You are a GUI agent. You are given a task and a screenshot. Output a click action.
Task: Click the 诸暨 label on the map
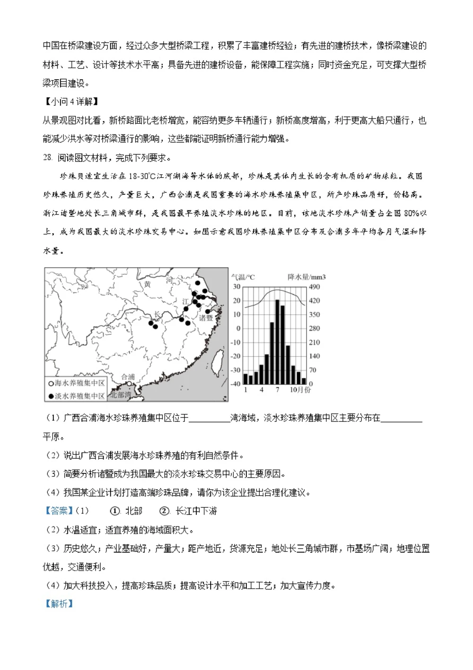tap(206, 318)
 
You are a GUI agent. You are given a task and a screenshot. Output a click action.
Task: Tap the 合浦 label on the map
tap(128, 377)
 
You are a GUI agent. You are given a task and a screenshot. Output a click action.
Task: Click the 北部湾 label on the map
tap(121, 394)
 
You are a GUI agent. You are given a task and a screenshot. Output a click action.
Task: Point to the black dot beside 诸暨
tap(208, 311)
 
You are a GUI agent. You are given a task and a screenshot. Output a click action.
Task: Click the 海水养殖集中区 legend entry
tap(77, 383)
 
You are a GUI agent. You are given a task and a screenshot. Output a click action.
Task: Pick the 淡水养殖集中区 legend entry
tap(77, 395)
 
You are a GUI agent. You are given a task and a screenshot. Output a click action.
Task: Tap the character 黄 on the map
tap(148, 284)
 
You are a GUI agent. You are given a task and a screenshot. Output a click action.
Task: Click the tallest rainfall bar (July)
tap(277, 341)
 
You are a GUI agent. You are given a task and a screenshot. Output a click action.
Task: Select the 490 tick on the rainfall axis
tap(314, 287)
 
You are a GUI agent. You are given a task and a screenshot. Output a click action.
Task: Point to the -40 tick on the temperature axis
tap(236, 384)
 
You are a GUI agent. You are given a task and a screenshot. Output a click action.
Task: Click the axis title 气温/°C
tap(243, 277)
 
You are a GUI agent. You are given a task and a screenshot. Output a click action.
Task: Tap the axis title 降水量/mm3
tap(307, 277)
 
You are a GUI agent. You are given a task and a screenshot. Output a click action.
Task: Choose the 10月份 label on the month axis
tap(300, 390)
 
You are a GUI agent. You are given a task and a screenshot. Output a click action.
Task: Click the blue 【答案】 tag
tap(59, 511)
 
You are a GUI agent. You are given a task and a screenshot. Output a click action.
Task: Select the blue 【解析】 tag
tap(59, 603)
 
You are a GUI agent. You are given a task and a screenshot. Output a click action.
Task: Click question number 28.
tap(47, 158)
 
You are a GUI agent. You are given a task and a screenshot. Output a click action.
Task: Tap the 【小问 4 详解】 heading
tap(71, 102)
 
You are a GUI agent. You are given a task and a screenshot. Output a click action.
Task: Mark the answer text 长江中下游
tap(196, 511)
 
